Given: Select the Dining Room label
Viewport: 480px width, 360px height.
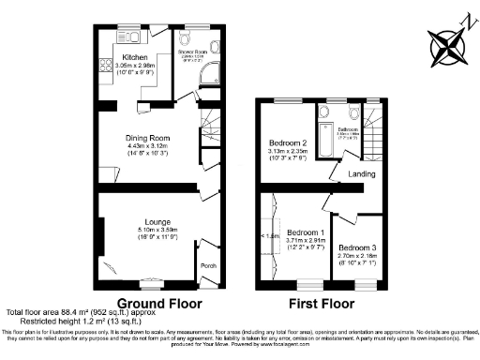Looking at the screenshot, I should tap(145, 137).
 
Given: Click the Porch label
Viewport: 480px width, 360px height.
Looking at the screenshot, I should tap(207, 265).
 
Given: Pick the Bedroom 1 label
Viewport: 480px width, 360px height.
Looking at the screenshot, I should tap(306, 232).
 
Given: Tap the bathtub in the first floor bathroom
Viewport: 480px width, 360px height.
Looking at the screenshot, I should tap(324, 136).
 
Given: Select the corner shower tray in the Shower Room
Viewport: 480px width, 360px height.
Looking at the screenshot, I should tap(214, 75).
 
